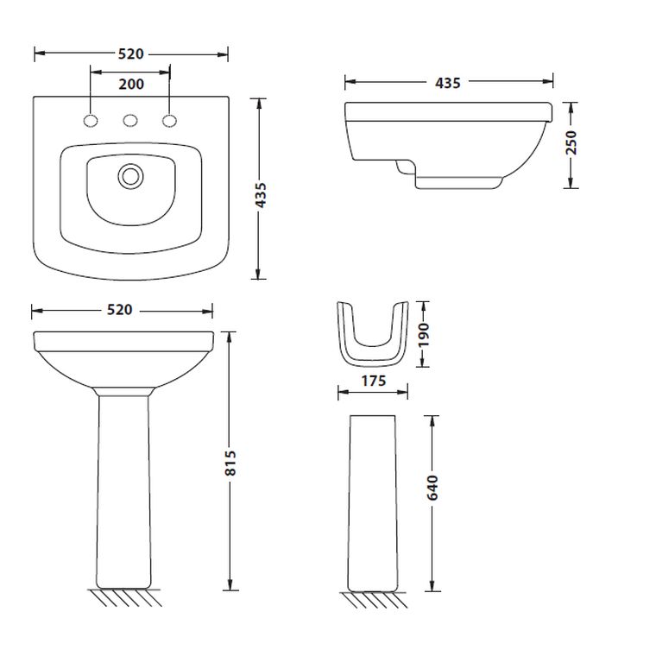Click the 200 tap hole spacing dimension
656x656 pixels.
131,84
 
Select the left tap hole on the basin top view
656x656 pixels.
91,121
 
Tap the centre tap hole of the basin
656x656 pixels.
130,121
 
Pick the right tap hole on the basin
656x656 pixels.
169,121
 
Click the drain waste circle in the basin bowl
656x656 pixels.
130,176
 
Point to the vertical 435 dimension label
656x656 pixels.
260,195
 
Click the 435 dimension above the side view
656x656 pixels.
448,83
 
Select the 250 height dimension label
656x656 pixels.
571,142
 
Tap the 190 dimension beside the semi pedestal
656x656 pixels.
424,334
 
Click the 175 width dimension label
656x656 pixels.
374,381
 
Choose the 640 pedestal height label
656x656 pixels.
432,488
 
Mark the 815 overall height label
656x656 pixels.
230,463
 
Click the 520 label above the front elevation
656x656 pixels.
120,310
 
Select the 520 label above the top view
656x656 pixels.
131,54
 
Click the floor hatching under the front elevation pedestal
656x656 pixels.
124,597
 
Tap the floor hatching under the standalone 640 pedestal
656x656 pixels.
374,600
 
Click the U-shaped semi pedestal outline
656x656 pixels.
372,334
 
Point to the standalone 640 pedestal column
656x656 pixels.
372,504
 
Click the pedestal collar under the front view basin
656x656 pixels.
123,392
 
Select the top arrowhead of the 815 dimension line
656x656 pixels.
230,337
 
